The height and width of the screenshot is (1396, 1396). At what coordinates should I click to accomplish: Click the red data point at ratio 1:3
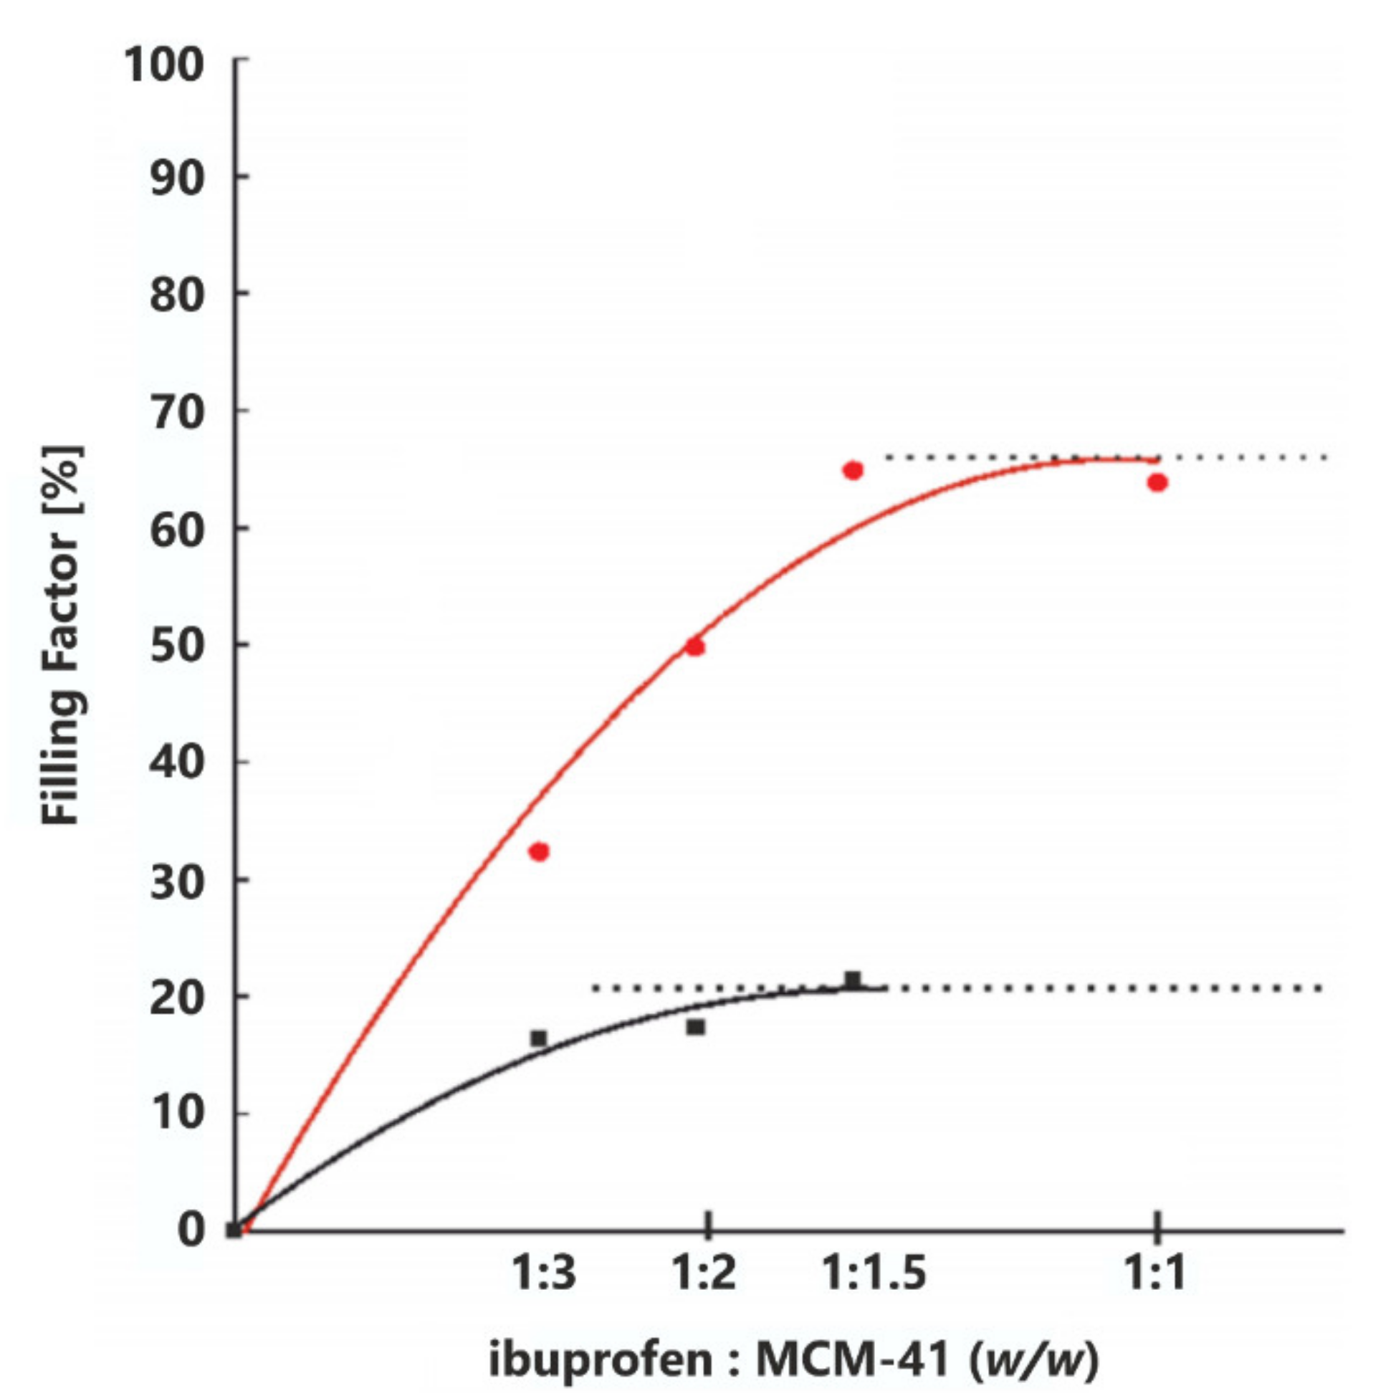coord(539,852)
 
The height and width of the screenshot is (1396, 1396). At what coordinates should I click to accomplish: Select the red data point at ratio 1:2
coord(695,646)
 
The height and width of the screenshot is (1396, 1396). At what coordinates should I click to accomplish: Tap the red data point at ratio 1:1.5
coord(853,470)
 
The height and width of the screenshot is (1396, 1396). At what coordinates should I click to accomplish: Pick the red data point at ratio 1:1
coord(1157,483)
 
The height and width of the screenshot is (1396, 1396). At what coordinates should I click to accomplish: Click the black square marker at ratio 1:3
coord(538,1038)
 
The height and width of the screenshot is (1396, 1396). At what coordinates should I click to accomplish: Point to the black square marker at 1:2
coord(695,1027)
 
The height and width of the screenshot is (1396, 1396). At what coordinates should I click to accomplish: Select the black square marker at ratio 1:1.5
coord(853,980)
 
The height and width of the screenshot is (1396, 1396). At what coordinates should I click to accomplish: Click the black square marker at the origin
coord(234,1230)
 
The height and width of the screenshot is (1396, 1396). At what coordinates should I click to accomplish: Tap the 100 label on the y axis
coord(165,65)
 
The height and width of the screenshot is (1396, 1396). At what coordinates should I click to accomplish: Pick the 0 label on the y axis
coord(192,1230)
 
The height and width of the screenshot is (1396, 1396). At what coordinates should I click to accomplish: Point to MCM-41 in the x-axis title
coord(852,1360)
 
